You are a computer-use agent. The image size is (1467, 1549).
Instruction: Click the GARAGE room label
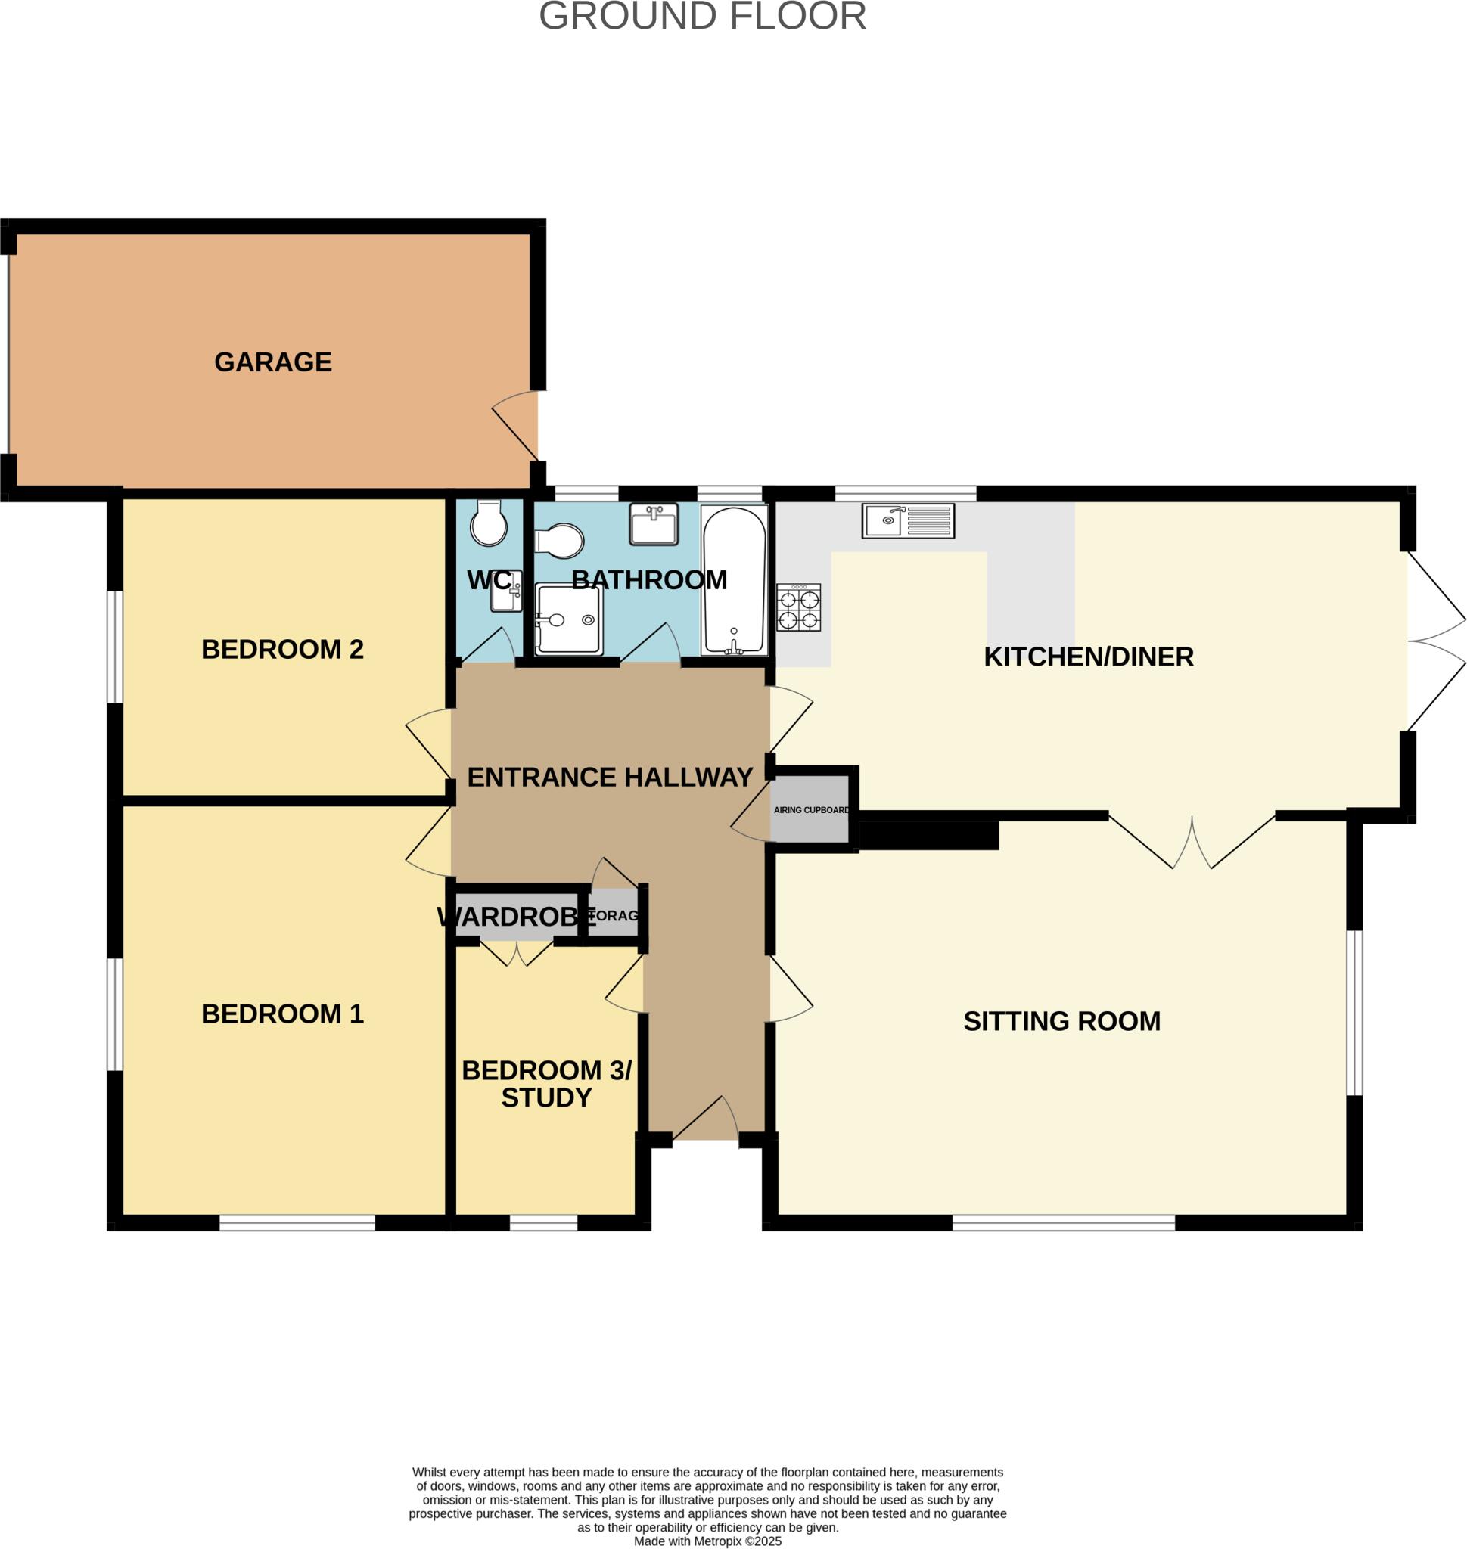(273, 362)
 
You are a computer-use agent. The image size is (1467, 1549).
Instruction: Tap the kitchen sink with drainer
(908, 521)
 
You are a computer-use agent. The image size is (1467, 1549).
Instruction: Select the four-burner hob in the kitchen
(798, 607)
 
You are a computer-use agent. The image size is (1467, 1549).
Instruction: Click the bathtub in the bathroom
(734, 579)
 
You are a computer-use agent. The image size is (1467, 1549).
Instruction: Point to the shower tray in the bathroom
(568, 619)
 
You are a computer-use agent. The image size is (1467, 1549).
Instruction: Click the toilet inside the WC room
(489, 523)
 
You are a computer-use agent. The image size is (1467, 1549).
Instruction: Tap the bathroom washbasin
(654, 524)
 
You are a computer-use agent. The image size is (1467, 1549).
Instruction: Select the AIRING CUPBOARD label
(811, 810)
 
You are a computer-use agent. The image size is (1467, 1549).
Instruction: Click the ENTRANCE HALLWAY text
(609, 778)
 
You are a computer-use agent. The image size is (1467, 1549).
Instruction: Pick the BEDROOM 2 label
(282, 649)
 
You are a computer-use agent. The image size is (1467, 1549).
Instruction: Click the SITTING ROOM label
(1061, 1021)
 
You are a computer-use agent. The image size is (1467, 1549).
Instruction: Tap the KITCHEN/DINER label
(1088, 657)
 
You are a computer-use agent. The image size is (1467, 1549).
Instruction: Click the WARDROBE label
(515, 917)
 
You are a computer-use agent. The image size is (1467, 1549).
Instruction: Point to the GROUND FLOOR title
(702, 17)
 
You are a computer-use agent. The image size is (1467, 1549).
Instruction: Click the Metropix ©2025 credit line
(707, 1541)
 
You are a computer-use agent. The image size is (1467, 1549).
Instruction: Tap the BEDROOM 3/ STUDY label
(545, 1084)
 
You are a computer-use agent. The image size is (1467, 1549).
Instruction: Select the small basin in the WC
(506, 592)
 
